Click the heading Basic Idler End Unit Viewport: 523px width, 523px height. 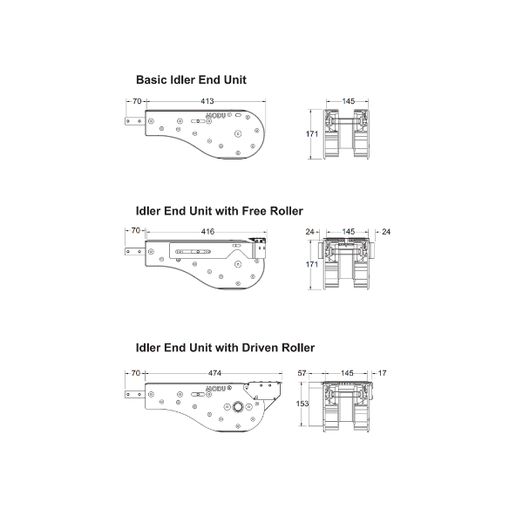tap(191, 80)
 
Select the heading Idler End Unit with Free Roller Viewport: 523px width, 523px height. tap(219, 211)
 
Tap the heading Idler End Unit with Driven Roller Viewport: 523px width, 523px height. tap(225, 348)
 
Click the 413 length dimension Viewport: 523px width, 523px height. tap(207, 101)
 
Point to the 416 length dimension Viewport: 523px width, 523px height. tap(207, 232)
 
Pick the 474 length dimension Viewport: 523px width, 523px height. tap(214, 373)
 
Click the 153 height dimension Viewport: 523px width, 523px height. tap(302, 404)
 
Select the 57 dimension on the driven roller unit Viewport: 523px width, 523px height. tap(302, 373)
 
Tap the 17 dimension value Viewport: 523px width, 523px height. tap(383, 373)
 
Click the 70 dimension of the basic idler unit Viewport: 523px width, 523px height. tap(137, 101)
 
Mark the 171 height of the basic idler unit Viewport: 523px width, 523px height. tap(312, 134)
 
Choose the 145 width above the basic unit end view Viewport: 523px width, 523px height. tap(348, 101)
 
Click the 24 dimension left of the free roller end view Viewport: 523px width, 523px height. tap(309, 232)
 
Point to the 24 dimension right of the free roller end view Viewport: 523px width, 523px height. tap(386, 232)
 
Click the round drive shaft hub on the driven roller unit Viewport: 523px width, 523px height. tap(238, 407)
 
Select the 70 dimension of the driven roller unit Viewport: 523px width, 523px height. tap(136, 373)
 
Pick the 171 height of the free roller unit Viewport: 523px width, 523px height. tap(312, 264)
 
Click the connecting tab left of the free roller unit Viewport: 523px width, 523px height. tap(135, 252)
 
